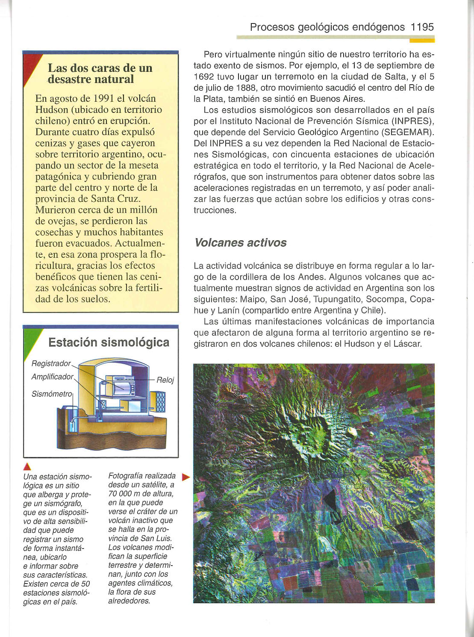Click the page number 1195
coord(422,27)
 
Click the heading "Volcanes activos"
coord(240,243)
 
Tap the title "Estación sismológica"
coord(109,342)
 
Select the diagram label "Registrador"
coord(51,363)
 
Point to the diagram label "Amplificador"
coord(53,377)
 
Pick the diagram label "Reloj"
coord(165,380)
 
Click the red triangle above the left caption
coord(26,466)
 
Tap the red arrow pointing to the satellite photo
coord(185,477)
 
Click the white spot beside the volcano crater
coord(352,432)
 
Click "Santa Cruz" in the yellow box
coord(115,199)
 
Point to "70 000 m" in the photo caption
coord(127,494)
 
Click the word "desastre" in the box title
coord(69,80)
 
